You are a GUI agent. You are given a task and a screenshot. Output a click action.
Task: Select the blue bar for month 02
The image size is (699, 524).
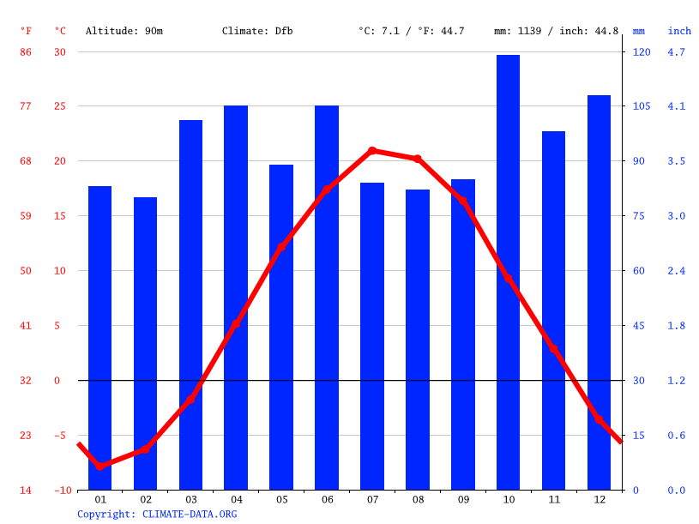click(x=145, y=343)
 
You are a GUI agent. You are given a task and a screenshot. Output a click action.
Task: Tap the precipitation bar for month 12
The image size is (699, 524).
click(x=599, y=292)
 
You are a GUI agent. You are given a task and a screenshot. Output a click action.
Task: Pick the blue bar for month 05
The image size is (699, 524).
click(x=281, y=327)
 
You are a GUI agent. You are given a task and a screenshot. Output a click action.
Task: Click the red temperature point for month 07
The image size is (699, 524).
click(x=372, y=151)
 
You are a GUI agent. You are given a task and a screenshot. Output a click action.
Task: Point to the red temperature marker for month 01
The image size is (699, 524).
click(x=100, y=466)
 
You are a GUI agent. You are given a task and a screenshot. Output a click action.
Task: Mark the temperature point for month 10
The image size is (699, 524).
click(x=508, y=278)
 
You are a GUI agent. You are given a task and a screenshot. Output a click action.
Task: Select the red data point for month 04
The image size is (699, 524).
click(x=236, y=324)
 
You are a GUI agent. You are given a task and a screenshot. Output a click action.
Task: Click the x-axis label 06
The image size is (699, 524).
click(x=327, y=499)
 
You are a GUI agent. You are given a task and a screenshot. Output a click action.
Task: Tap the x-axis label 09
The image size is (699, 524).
click(x=462, y=499)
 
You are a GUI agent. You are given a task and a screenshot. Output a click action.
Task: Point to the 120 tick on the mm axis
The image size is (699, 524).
click(x=642, y=52)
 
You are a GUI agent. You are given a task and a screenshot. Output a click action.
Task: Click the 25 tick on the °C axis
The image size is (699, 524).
click(x=60, y=106)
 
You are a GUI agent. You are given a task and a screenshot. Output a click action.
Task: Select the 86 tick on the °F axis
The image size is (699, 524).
click(x=26, y=52)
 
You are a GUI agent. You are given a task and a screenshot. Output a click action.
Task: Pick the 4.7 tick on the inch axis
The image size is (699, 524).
click(x=677, y=52)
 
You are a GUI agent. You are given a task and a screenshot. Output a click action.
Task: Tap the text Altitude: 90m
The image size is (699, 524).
click(x=124, y=31)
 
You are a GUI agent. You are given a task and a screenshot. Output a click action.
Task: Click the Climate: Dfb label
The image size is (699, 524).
click(x=257, y=31)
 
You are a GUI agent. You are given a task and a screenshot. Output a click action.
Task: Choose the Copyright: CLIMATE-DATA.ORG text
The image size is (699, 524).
click(x=157, y=515)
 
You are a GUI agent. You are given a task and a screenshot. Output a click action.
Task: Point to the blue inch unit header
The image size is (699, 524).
click(x=679, y=31)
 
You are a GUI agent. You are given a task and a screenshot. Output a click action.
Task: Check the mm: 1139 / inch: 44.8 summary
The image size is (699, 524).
click(x=556, y=31)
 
